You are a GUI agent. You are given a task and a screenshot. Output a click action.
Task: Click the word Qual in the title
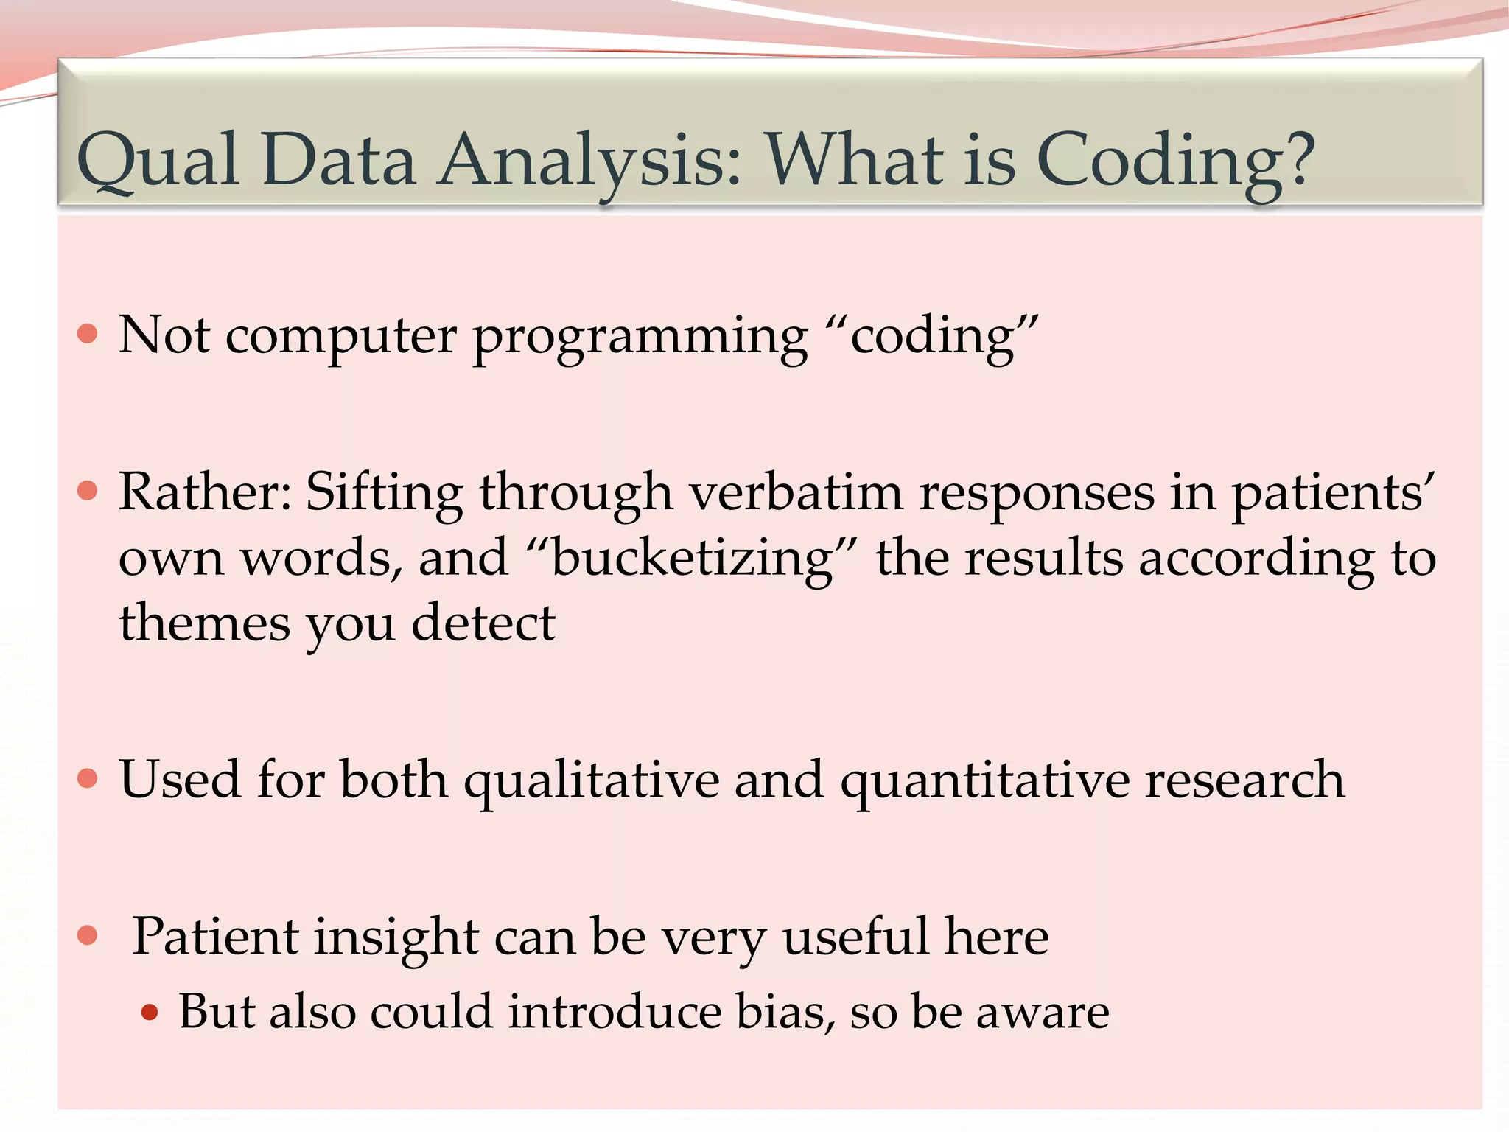click(x=158, y=161)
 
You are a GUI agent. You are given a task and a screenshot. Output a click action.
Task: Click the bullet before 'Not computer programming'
click(x=88, y=334)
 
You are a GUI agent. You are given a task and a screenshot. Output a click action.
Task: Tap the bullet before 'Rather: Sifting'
click(x=88, y=491)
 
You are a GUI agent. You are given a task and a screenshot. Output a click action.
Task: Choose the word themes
click(x=204, y=623)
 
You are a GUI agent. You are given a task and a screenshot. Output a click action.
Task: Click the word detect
click(x=483, y=623)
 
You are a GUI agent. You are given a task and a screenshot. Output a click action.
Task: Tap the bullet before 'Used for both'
click(x=88, y=778)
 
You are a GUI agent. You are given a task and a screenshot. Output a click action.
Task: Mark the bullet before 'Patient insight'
click(x=88, y=936)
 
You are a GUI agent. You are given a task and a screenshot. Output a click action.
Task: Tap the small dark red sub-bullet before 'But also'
click(x=150, y=1012)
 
